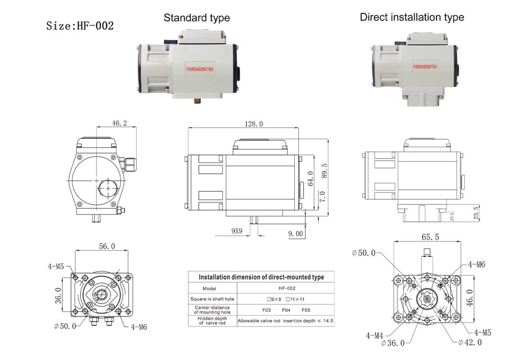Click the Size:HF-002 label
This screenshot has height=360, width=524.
pyautogui.click(x=80, y=26)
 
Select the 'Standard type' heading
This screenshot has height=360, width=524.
pyautogui.click(x=196, y=18)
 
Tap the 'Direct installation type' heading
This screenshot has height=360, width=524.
pyautogui.click(x=412, y=17)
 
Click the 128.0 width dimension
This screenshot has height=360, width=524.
pyautogui.click(x=253, y=124)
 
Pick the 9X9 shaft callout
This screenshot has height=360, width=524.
pyautogui.click(x=236, y=231)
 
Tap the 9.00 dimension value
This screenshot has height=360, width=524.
pyautogui.click(x=295, y=233)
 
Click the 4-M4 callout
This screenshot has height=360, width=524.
pyautogui.click(x=375, y=335)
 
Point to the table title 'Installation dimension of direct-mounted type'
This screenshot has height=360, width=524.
pyautogui.click(x=261, y=277)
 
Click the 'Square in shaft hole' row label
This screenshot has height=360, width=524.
pyautogui.click(x=211, y=299)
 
